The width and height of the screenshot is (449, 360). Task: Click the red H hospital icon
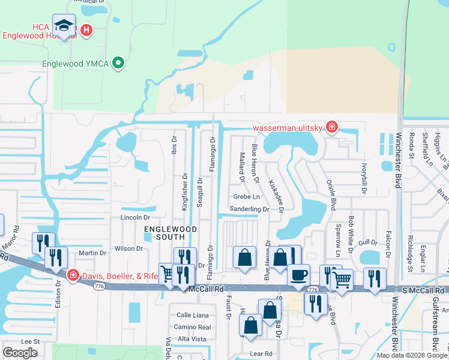pos(86,29)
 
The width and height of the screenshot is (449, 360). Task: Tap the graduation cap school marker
pos(64,26)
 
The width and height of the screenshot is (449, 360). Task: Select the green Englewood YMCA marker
pos(119,62)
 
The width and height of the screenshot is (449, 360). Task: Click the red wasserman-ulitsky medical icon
pos(331,127)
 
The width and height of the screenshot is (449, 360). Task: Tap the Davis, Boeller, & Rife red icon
pos(73,275)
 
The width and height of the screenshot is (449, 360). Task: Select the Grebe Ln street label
pos(247,196)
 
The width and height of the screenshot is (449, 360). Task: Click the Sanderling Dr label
pos(249,209)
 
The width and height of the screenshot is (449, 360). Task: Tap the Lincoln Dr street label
pos(134,217)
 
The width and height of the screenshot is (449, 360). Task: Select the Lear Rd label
pos(261,353)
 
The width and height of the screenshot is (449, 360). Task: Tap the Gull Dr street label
pos(369,242)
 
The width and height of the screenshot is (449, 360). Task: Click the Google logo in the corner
pos(20,353)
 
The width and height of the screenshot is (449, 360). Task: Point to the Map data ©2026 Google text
pos(412,355)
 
